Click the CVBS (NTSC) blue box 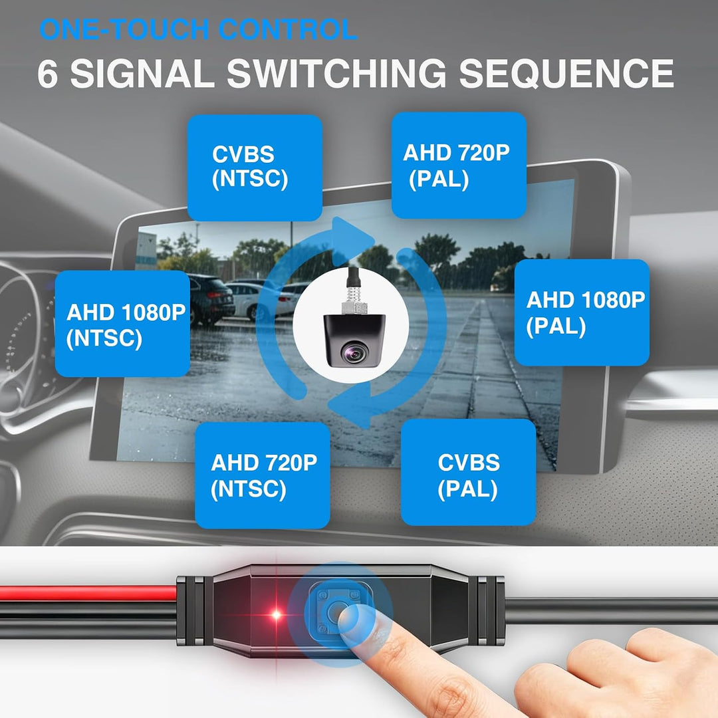[x=255, y=168]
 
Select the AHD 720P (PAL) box [x=459, y=166]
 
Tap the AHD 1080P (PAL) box [x=582, y=312]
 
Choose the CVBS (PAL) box [x=469, y=472]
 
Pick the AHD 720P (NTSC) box [x=263, y=475]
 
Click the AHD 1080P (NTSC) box [x=122, y=324]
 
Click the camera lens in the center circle [x=354, y=352]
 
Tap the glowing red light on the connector [x=276, y=614]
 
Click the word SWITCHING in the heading [x=336, y=73]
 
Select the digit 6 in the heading [x=48, y=73]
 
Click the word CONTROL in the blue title [x=288, y=29]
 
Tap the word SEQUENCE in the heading [x=566, y=73]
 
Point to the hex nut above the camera [x=355, y=306]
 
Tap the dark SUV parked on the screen [x=211, y=299]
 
